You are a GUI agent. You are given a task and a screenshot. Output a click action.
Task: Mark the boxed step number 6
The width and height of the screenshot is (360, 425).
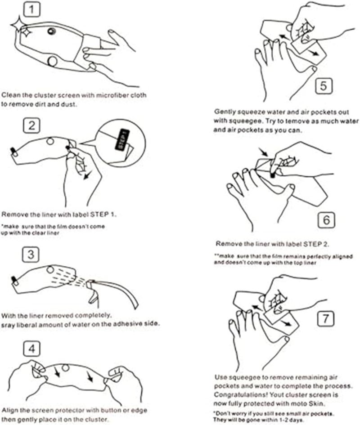coord(326,220)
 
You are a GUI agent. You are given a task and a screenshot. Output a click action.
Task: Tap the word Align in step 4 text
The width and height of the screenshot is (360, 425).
coord(9,411)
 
